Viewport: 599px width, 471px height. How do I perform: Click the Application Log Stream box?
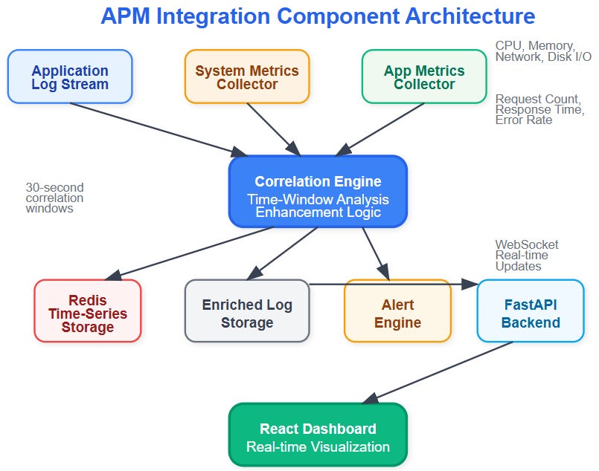tap(70, 77)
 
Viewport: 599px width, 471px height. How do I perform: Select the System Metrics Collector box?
tap(247, 77)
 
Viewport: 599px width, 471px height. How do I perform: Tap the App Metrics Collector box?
tap(424, 77)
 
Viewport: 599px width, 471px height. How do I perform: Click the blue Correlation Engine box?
tap(318, 192)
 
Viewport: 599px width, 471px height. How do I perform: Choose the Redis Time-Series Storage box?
tap(88, 311)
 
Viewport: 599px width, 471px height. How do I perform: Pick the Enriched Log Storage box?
tap(247, 311)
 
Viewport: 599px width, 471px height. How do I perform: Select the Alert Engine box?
tap(397, 311)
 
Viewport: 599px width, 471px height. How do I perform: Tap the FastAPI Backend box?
tap(531, 311)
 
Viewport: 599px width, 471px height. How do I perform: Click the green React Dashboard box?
tap(318, 435)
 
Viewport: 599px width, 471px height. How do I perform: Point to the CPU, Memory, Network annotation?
tap(543, 51)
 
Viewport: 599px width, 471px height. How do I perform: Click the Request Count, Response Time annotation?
tap(539, 109)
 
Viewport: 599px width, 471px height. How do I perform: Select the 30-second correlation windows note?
tap(54, 198)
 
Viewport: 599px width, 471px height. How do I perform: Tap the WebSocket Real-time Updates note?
tap(527, 255)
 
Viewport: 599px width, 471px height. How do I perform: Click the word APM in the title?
tap(125, 16)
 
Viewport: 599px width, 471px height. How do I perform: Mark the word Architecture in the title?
tap(470, 16)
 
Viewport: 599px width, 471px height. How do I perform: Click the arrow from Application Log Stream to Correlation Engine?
tap(159, 130)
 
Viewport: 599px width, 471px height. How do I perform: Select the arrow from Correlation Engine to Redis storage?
tap(189, 253)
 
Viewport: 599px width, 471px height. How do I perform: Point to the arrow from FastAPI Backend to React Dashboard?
tap(437, 373)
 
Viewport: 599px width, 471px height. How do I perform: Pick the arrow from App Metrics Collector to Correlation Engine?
tap(379, 130)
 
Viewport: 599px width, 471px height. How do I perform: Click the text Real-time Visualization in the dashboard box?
tap(318, 446)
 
